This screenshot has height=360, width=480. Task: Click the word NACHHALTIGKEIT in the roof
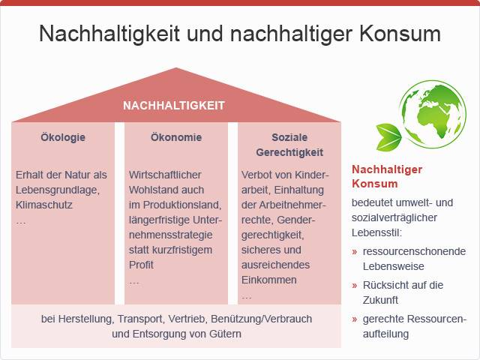174,106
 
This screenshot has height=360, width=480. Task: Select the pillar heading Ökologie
63,137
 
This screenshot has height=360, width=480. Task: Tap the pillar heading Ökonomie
176,137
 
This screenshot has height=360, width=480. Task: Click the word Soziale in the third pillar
289,137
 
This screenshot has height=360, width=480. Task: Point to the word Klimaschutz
44,205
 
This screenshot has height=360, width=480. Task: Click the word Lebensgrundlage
58,190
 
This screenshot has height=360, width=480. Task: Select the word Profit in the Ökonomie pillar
141,265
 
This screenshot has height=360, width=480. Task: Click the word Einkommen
269,280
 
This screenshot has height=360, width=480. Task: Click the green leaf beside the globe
388,136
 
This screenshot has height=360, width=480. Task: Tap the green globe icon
433,114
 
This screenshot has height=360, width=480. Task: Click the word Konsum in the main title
400,34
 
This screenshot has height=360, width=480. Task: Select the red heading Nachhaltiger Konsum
387,176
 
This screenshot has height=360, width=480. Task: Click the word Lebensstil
376,232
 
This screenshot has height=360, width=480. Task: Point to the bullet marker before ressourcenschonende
355,252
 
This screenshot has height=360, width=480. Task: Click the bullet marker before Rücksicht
355,285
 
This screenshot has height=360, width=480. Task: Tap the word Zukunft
380,300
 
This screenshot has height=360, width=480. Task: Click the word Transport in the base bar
141,319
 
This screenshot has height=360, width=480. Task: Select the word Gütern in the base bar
225,334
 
